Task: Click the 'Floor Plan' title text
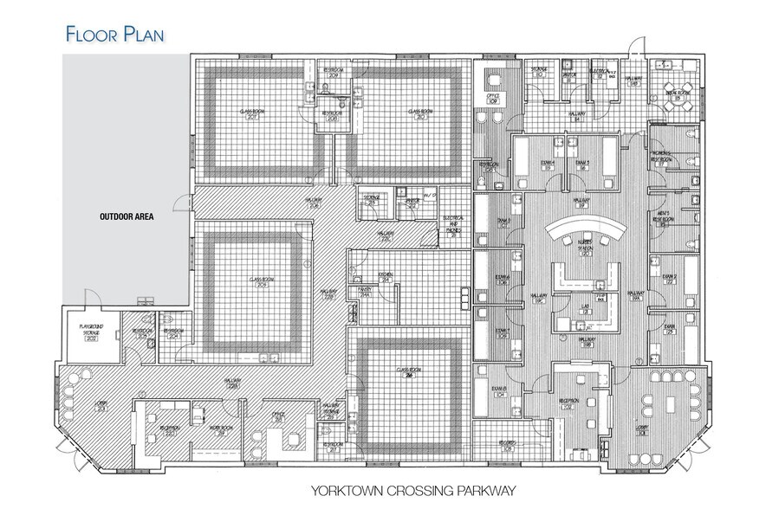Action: [115, 34]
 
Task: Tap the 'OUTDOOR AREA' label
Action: [126, 216]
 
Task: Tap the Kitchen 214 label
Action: [386, 275]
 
